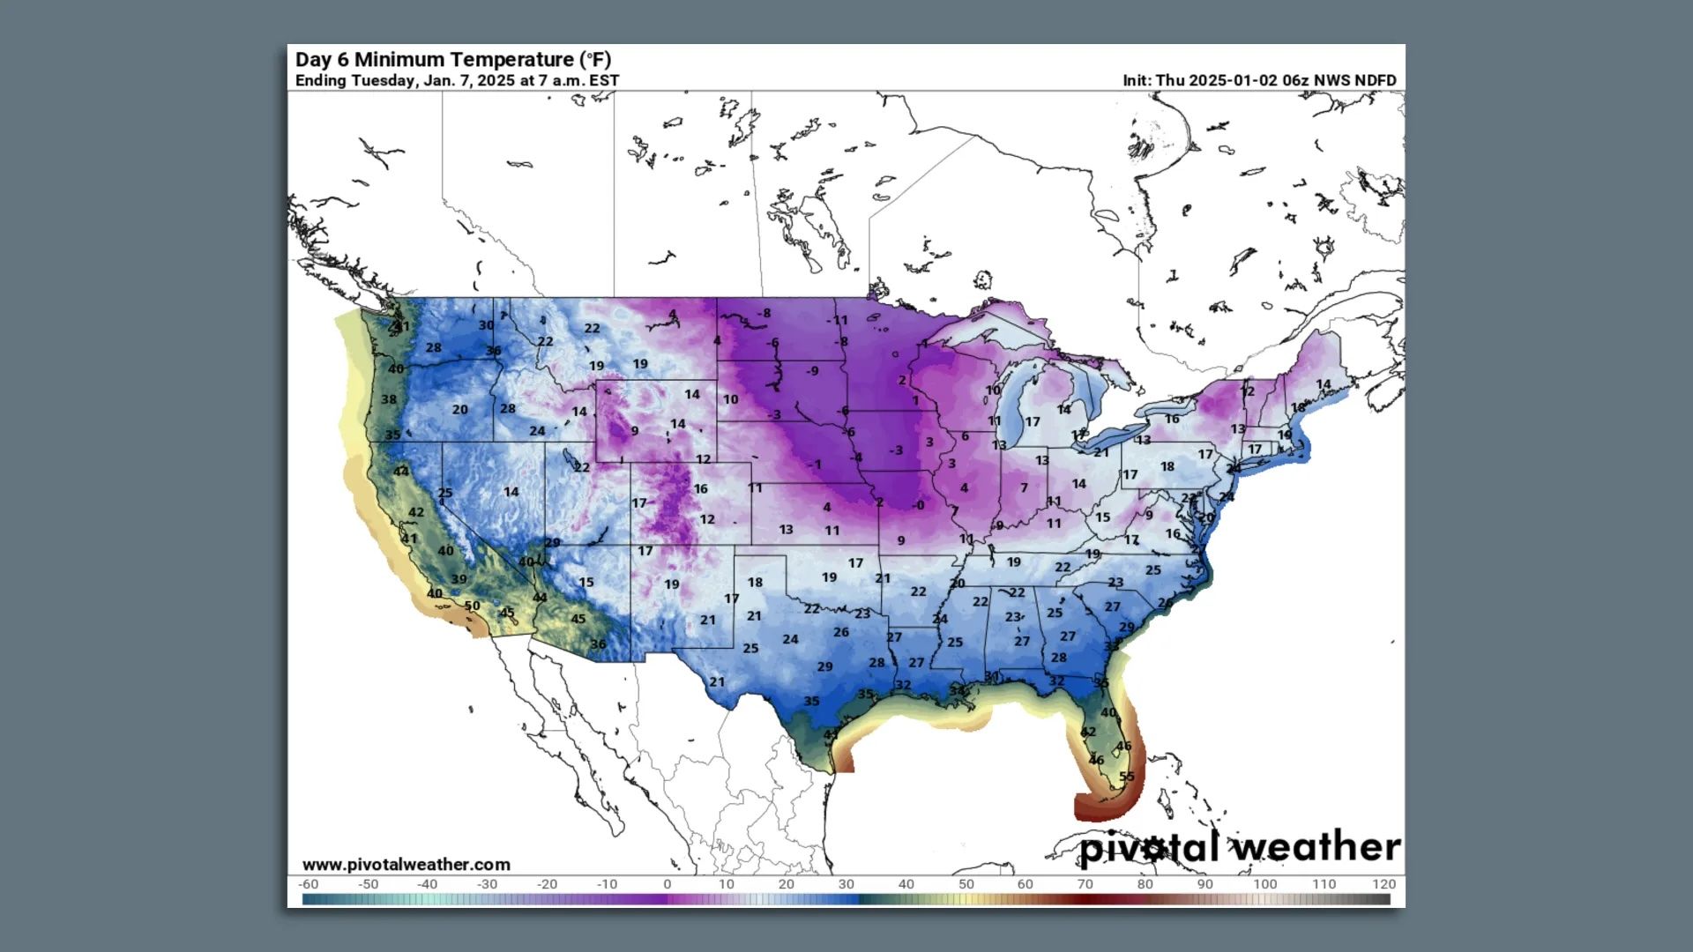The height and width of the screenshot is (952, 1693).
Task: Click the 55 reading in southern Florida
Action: (1127, 777)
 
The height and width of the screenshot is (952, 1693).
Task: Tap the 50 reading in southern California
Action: (473, 606)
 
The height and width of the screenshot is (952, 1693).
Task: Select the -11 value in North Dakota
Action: (837, 321)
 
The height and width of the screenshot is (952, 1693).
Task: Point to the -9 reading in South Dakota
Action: (811, 371)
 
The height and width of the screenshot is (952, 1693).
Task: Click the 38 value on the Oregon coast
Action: (389, 399)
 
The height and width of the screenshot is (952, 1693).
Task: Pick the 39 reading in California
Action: (459, 580)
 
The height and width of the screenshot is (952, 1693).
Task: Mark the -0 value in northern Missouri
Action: (919, 506)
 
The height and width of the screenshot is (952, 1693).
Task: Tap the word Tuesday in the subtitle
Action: (383, 80)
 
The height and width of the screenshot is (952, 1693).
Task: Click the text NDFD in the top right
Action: (1375, 80)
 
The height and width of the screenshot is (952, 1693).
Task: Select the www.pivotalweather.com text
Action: (406, 865)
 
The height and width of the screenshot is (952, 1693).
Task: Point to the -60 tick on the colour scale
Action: (308, 884)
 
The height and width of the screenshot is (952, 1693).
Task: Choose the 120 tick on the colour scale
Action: (1383, 884)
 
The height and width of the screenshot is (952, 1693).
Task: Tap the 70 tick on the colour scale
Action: (1085, 884)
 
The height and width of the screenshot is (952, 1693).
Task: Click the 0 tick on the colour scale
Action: (668, 884)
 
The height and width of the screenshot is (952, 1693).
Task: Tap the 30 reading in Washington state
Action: (486, 325)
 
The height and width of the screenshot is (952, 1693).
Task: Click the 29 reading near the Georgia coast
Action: (1126, 628)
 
